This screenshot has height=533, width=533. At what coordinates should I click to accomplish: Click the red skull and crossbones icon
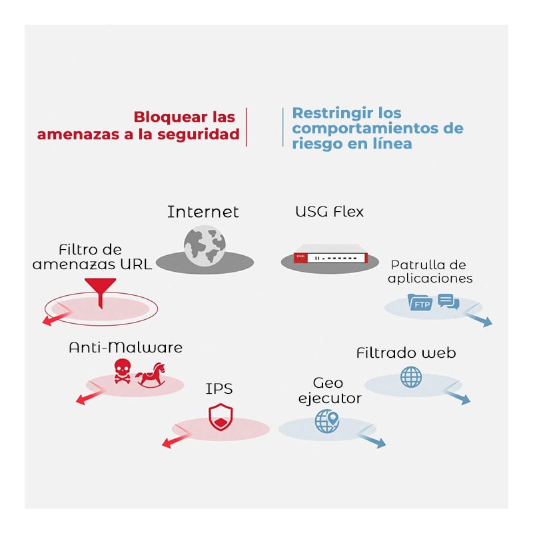click(122, 371)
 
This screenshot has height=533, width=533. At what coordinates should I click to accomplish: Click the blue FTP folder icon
click(420, 303)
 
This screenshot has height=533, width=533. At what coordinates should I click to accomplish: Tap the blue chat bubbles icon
click(448, 301)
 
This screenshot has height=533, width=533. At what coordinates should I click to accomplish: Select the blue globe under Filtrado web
click(411, 376)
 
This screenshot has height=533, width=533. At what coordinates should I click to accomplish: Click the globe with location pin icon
click(327, 421)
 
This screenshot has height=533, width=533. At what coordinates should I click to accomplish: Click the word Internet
click(203, 212)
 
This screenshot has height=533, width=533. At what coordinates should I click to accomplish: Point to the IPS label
click(219, 388)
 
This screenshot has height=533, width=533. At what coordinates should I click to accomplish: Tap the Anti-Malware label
click(125, 347)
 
